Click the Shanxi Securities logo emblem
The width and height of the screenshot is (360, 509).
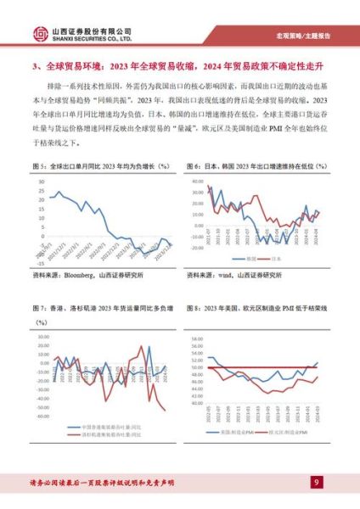coord(41,35)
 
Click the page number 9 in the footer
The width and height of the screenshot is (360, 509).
coord(316,483)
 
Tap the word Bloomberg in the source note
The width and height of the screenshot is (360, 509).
coord(84,276)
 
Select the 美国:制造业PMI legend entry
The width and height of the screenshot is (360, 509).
coord(234,433)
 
